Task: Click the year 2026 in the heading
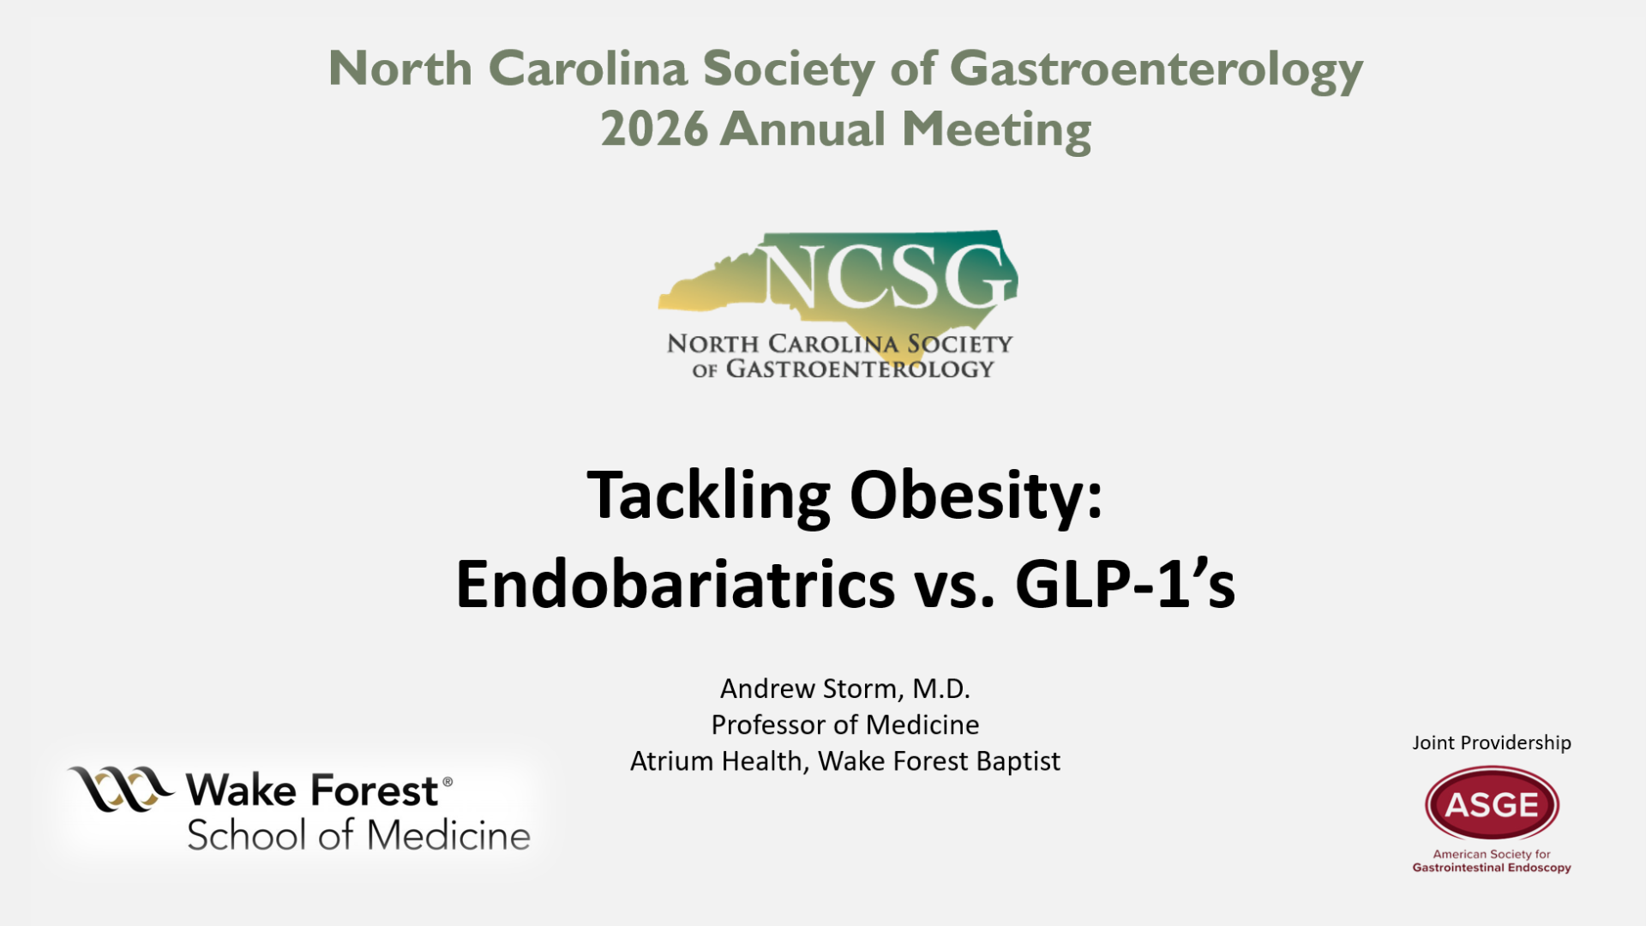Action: [x=654, y=129]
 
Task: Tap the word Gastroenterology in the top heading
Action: [x=1156, y=70]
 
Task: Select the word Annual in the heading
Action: [x=802, y=129]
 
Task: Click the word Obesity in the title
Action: [x=976, y=496]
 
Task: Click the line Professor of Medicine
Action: [x=845, y=725]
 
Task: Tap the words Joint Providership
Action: [x=1492, y=743]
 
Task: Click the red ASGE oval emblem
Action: [x=1492, y=803]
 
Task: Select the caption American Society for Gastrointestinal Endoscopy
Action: [x=1492, y=861]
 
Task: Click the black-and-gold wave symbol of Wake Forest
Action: [x=121, y=788]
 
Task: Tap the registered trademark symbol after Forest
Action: [x=447, y=781]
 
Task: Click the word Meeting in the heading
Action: [x=997, y=129]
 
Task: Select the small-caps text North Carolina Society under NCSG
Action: [x=840, y=344]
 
